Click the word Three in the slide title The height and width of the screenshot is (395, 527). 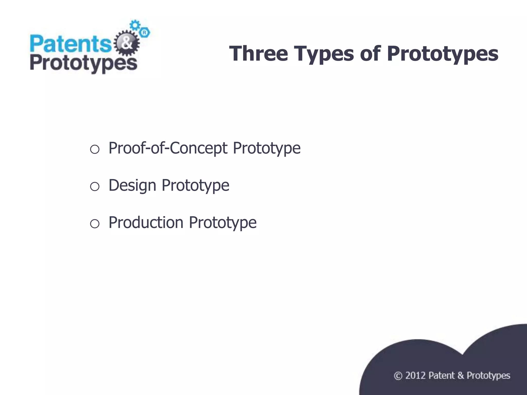coord(258,53)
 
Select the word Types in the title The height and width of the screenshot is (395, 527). coord(324,54)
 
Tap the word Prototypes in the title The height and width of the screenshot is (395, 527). coord(442,54)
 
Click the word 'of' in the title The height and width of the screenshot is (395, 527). coord(370,53)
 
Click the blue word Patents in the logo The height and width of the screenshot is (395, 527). coord(70,44)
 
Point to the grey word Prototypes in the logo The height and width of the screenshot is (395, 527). coord(83,64)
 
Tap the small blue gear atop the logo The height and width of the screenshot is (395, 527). coord(135,25)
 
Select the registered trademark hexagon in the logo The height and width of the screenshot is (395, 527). coord(145,33)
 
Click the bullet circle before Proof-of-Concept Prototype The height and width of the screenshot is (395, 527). coord(95,149)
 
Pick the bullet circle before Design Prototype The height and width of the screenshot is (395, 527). coord(95,186)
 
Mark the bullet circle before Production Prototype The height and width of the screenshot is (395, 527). coord(95,223)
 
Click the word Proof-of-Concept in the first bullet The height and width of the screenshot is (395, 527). coord(168,148)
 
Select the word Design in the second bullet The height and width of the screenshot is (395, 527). coord(132,185)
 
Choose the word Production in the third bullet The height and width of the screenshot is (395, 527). coord(146,222)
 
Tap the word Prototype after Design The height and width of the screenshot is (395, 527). coord(195,185)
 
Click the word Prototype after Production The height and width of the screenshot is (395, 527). coord(223,222)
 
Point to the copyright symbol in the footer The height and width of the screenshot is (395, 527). coord(398,376)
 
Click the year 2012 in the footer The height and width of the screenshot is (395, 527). coord(415,376)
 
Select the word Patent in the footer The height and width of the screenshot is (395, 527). coord(442,376)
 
